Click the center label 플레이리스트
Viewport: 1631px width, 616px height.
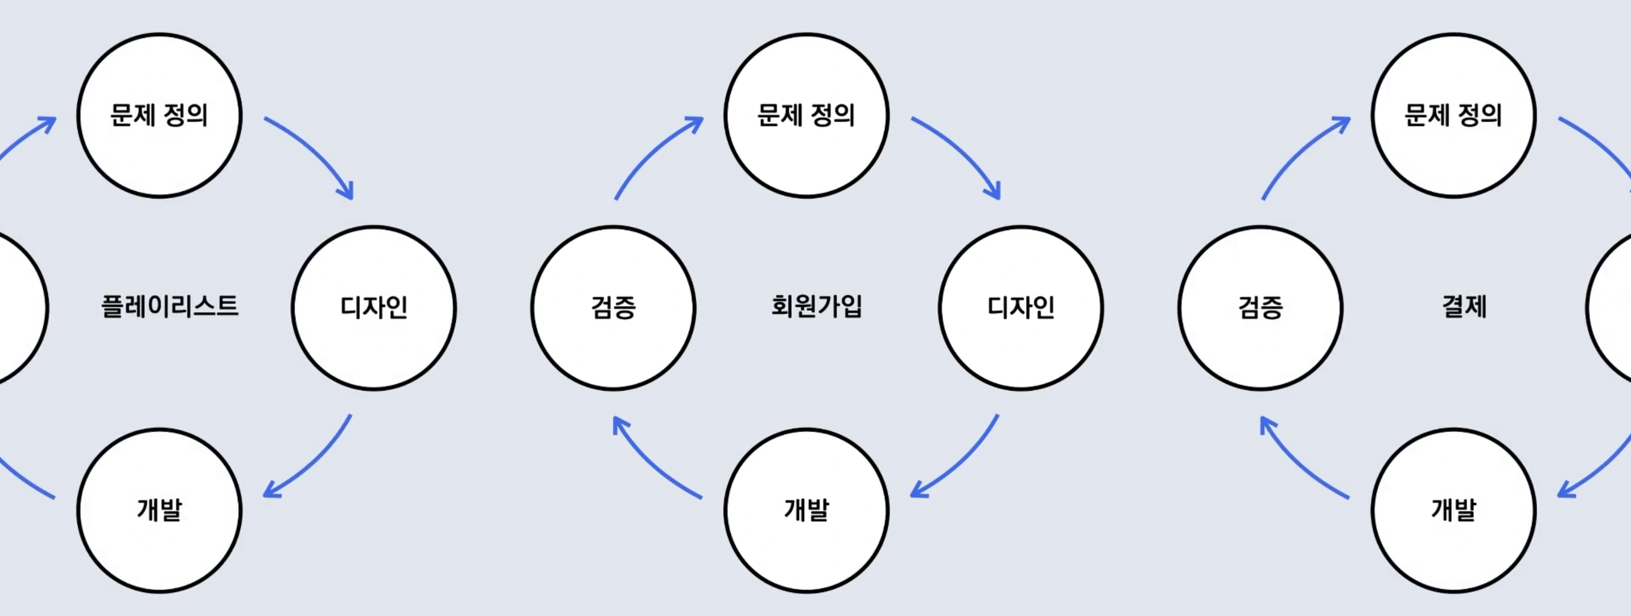pos(170,306)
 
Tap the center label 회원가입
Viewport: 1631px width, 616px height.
pos(816,306)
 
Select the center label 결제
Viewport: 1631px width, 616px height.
pos(1464,306)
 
